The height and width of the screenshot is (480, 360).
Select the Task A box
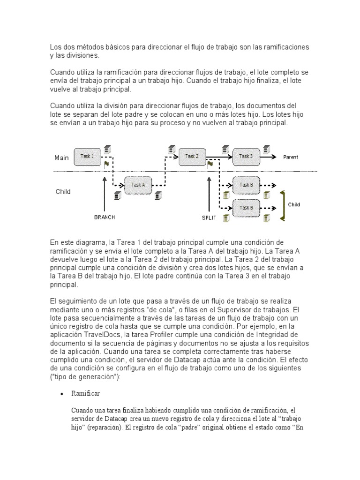[138, 185]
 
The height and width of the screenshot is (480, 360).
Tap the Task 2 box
[192, 157]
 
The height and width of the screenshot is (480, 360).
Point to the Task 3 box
[246, 157]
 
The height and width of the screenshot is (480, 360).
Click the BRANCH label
[104, 217]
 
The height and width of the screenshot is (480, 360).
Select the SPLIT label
[209, 218]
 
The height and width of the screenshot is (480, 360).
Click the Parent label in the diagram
[290, 157]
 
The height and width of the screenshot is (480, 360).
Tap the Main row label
[61, 158]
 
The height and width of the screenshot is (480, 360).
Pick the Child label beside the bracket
[294, 205]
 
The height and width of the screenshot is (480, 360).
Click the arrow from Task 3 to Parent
[271, 157]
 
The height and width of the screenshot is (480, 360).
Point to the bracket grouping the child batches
[282, 205]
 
